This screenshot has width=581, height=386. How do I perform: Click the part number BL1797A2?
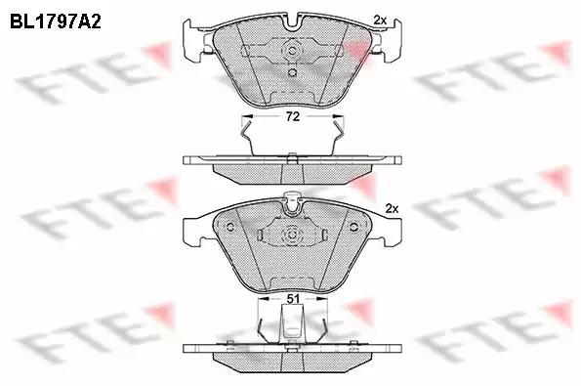(56, 21)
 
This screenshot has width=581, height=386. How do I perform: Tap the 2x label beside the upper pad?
(380, 20)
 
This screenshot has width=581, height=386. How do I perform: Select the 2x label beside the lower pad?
(392, 209)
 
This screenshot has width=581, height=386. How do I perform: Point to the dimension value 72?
(292, 117)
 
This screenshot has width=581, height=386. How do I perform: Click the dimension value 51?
(293, 298)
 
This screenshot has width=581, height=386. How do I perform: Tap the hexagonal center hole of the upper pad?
(292, 51)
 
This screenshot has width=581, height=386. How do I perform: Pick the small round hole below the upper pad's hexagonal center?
(292, 72)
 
